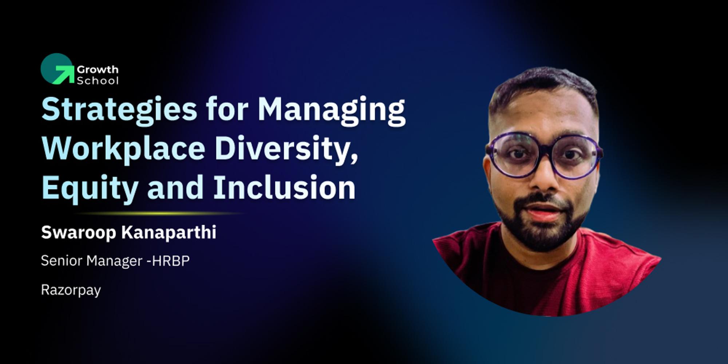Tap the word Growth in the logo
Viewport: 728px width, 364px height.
(x=98, y=69)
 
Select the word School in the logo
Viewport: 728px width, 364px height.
(x=98, y=80)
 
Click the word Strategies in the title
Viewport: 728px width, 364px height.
(x=119, y=109)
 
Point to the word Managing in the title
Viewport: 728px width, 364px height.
(x=331, y=109)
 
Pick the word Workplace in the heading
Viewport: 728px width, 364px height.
(x=124, y=149)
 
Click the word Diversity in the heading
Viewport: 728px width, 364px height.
(x=286, y=149)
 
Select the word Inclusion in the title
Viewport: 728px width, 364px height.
(x=284, y=187)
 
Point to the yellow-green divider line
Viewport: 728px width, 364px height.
(x=160, y=213)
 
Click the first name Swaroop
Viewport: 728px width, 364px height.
(x=79, y=232)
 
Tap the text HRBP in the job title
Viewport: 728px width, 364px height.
(x=171, y=261)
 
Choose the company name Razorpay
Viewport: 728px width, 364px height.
(x=71, y=290)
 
